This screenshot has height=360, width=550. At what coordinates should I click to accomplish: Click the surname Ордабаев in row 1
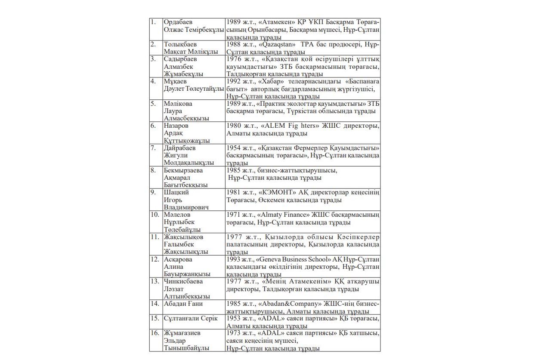(178, 22)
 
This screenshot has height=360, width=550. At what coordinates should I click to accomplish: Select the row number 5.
(153, 104)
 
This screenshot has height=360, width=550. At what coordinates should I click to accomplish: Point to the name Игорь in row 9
(173, 200)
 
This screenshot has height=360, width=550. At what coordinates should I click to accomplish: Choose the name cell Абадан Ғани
(183, 304)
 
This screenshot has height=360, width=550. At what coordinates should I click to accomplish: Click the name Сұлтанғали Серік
(191, 318)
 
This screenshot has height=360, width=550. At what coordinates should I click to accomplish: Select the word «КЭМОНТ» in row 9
(276, 192)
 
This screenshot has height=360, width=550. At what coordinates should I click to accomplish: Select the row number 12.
(154, 259)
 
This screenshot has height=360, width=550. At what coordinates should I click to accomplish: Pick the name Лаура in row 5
(173, 111)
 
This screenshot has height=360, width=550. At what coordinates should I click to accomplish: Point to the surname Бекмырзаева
(183, 170)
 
